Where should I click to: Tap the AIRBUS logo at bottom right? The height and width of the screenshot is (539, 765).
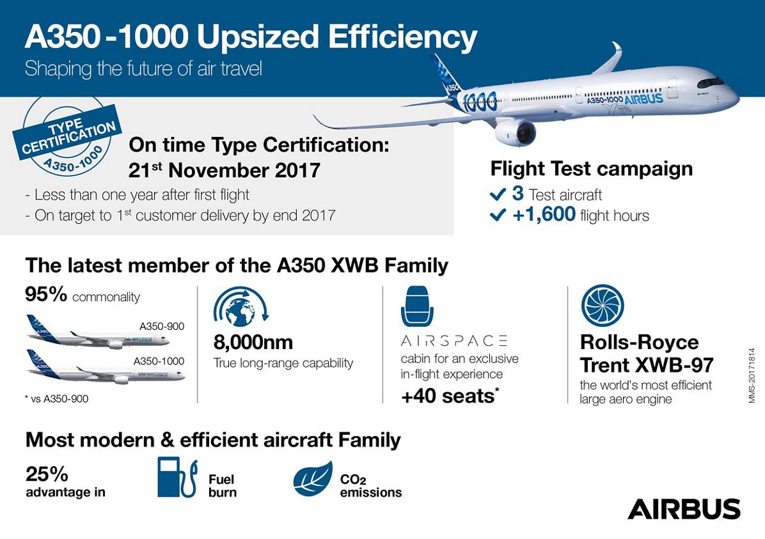[x=684, y=509]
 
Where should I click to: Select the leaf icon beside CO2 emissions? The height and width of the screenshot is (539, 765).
[x=313, y=479]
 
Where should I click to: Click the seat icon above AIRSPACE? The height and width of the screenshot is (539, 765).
[x=417, y=307]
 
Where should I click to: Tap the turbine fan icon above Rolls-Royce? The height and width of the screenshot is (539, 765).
[x=602, y=304]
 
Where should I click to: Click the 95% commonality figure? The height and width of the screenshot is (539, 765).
[x=47, y=295]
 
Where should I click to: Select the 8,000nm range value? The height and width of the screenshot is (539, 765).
[x=253, y=343]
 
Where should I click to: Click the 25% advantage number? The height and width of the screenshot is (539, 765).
[x=47, y=474]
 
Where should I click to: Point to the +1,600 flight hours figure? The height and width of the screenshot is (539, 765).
[x=544, y=215]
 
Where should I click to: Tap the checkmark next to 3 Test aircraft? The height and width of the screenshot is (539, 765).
[x=498, y=194]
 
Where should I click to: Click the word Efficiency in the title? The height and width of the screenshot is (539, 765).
[x=402, y=38]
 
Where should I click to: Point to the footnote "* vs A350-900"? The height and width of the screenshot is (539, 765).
[x=57, y=399]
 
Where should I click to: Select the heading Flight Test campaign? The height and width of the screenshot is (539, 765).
[x=591, y=168]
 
